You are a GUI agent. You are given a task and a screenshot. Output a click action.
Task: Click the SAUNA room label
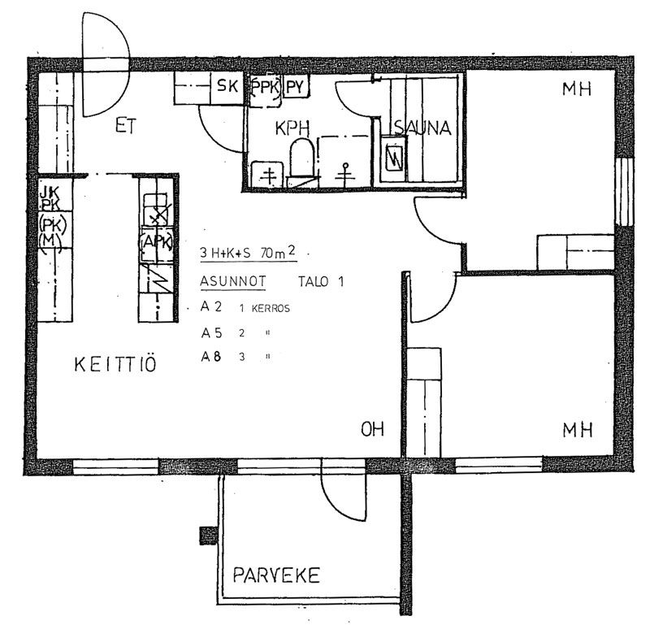tap(422, 128)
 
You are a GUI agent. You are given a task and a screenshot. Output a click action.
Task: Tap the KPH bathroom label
tap(292, 128)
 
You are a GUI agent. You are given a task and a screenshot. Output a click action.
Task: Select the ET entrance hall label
tap(125, 126)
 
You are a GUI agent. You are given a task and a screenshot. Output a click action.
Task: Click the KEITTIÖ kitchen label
tap(115, 364)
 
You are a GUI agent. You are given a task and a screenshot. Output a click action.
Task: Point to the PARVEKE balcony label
tap(276, 575)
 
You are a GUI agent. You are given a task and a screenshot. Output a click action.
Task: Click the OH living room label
tap(372, 429)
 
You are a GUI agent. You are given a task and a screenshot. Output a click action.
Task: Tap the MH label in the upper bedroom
tap(576, 89)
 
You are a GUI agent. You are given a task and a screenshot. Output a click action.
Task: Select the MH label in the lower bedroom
tap(578, 430)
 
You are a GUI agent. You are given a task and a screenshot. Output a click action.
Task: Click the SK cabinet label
tap(227, 86)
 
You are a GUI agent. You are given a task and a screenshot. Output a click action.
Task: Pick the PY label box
tap(296, 87)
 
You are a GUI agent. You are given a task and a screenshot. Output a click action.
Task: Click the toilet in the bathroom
tap(301, 158)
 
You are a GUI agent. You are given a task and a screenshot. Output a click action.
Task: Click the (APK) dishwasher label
tap(156, 241)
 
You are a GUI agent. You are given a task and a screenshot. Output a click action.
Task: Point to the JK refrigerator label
tap(50, 192)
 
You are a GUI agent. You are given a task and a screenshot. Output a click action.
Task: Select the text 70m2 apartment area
tap(278, 252)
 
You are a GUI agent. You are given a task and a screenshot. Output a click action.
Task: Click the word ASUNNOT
tap(233, 281)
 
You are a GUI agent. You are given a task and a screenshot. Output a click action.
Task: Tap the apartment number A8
tap(211, 357)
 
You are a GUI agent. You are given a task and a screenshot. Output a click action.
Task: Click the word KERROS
tap(271, 309)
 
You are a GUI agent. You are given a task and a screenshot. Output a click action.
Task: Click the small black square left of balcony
tap(209, 536)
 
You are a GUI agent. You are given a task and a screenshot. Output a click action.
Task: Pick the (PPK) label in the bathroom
tap(266, 87)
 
